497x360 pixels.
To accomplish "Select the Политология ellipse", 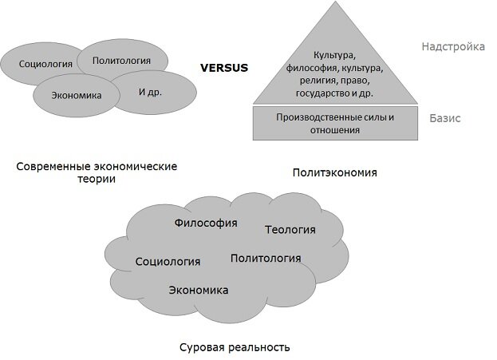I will pos(122,60).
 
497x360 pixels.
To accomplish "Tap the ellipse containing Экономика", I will pos(77,95).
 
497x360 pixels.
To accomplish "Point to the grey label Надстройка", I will pos(453,46).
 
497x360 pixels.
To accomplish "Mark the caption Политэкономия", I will pos(334,171).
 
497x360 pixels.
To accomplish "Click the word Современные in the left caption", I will pos(52,167).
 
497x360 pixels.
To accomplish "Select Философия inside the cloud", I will pos(206,223).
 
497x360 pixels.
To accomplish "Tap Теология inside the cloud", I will pos(290,230).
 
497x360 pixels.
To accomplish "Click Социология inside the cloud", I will pos(168,261).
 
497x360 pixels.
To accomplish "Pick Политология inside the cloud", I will pos(266,258).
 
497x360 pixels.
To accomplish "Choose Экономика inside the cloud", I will pos(199,289).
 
